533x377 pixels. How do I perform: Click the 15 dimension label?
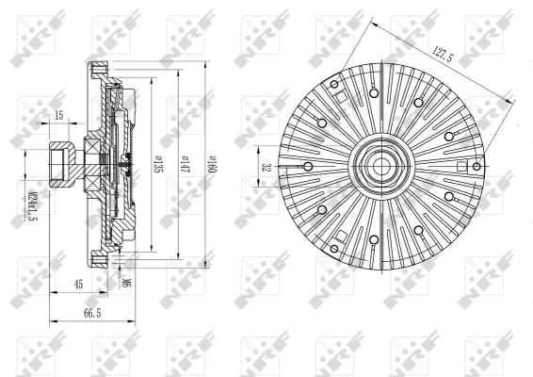(58, 115)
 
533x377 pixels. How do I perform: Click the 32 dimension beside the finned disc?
(266, 166)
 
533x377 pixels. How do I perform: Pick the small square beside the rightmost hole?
(461, 165)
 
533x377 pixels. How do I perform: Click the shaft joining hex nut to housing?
(89, 162)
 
